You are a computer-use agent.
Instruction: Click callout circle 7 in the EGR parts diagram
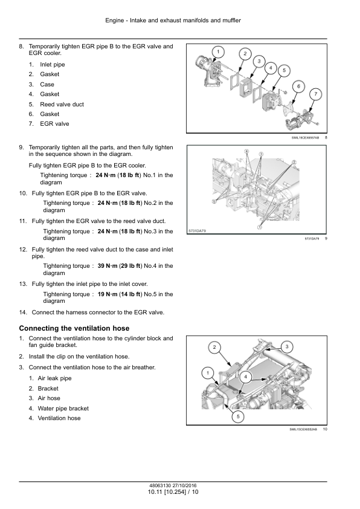coord(315,94)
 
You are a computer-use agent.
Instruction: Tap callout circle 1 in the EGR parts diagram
coord(218,51)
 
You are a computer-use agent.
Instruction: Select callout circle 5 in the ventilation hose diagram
coord(238,417)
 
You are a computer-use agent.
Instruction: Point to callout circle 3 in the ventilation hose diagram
coord(287,347)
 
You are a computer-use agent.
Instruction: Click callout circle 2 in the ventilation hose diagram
coord(214,348)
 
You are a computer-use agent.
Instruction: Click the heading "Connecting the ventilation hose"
coord(74,328)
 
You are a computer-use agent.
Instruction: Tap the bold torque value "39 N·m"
coord(108,266)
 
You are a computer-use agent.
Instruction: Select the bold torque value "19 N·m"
coord(108,294)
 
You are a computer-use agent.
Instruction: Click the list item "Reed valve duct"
coord(62,104)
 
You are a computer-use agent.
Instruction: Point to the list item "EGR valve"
coord(54,124)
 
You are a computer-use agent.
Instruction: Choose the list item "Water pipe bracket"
coord(63,409)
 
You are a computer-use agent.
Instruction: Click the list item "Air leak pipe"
coord(54,378)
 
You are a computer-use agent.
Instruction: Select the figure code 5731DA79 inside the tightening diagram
coord(197,231)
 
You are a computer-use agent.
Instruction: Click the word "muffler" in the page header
coord(231,21)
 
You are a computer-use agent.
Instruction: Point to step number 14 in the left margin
coord(23,313)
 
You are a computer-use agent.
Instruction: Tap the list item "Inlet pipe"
coord(53,65)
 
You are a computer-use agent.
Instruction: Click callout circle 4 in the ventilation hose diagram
coord(245,377)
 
